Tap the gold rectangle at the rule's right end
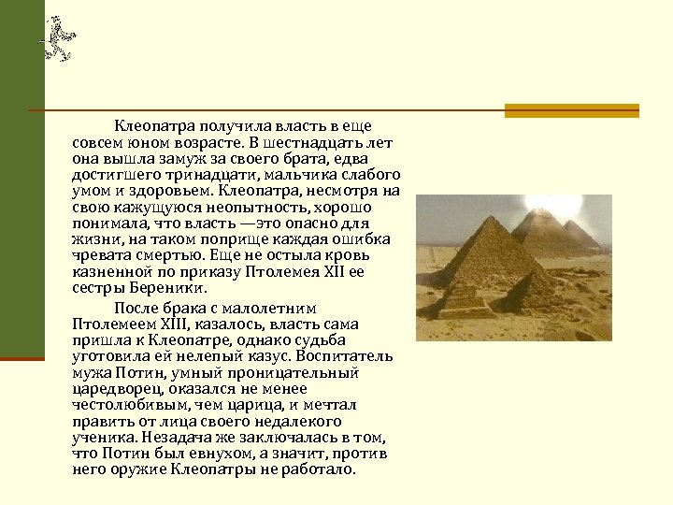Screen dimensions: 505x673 tap(571, 110)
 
